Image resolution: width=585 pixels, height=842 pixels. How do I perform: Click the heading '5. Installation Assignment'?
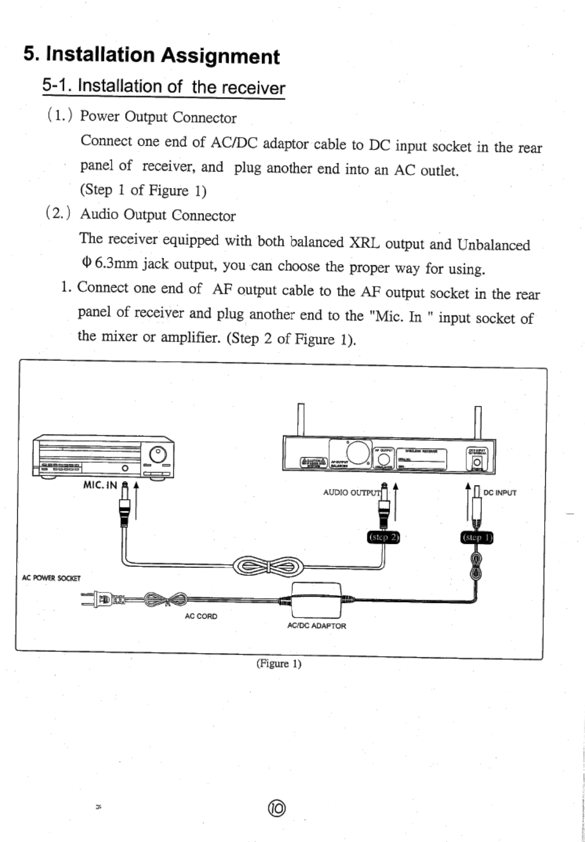pyautogui.click(x=151, y=55)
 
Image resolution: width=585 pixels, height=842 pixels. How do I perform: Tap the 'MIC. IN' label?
pyautogui.click(x=101, y=484)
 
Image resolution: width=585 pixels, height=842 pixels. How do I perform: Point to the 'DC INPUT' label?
pyautogui.click(x=500, y=492)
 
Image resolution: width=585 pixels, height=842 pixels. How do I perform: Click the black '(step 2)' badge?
pyautogui.click(x=384, y=537)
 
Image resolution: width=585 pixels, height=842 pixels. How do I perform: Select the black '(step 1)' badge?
pyautogui.click(x=475, y=537)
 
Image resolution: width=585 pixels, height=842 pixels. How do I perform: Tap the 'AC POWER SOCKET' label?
pyautogui.click(x=51, y=578)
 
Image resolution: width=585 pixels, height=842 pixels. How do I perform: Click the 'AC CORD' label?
pyautogui.click(x=201, y=616)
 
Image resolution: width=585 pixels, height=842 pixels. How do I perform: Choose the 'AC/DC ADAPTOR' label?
pyautogui.click(x=317, y=625)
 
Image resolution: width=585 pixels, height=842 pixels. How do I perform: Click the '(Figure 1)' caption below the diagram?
pyautogui.click(x=278, y=664)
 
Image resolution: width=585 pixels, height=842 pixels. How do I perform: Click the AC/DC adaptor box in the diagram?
pyautogui.click(x=317, y=600)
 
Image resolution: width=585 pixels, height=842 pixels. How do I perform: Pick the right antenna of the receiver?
pyautogui.click(x=478, y=421)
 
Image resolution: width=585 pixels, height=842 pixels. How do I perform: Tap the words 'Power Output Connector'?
pyautogui.click(x=158, y=117)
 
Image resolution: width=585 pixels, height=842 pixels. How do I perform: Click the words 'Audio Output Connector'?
pyautogui.click(x=158, y=215)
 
